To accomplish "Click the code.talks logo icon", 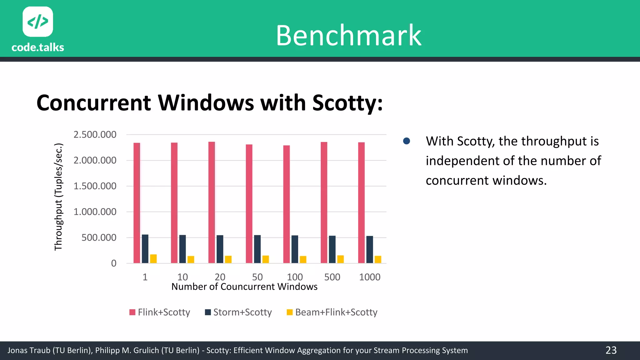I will [x=38, y=22].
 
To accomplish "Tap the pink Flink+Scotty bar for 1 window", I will [x=137, y=203].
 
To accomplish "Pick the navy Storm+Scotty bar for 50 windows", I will [x=257, y=249].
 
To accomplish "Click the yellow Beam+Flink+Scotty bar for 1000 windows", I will [x=378, y=259].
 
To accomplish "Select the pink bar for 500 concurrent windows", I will [x=324, y=203].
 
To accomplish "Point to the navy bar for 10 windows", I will [x=182, y=249].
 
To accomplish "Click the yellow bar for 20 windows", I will [x=228, y=259].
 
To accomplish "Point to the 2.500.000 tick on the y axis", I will [x=95, y=135].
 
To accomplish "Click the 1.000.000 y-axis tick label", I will [x=95, y=212].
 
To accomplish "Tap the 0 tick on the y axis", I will [x=114, y=263].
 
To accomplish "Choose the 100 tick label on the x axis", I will [x=295, y=277].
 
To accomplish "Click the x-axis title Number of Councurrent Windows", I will [x=244, y=287].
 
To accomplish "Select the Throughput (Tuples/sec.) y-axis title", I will [x=58, y=197].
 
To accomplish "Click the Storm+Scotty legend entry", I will [x=238, y=312].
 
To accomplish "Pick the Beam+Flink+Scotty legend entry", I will [x=332, y=312].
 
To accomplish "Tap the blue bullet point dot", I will [x=407, y=141].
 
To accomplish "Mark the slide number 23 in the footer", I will [x=611, y=350].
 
